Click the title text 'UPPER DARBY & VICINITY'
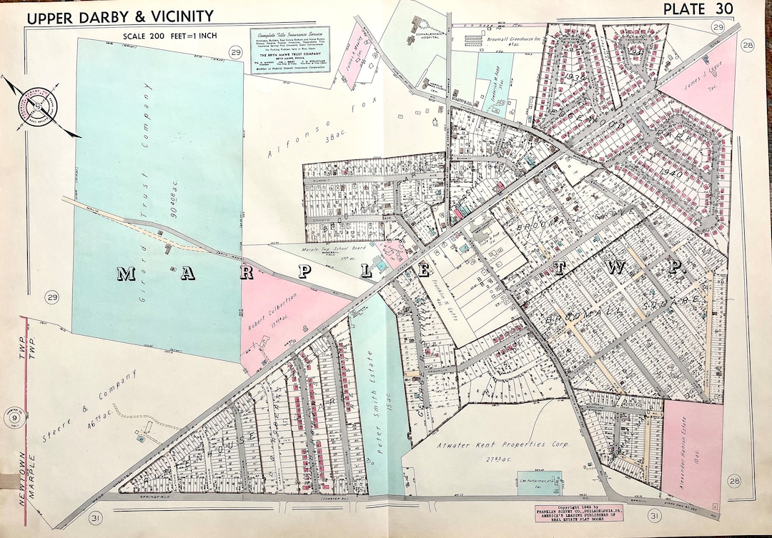[x=120, y=16]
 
